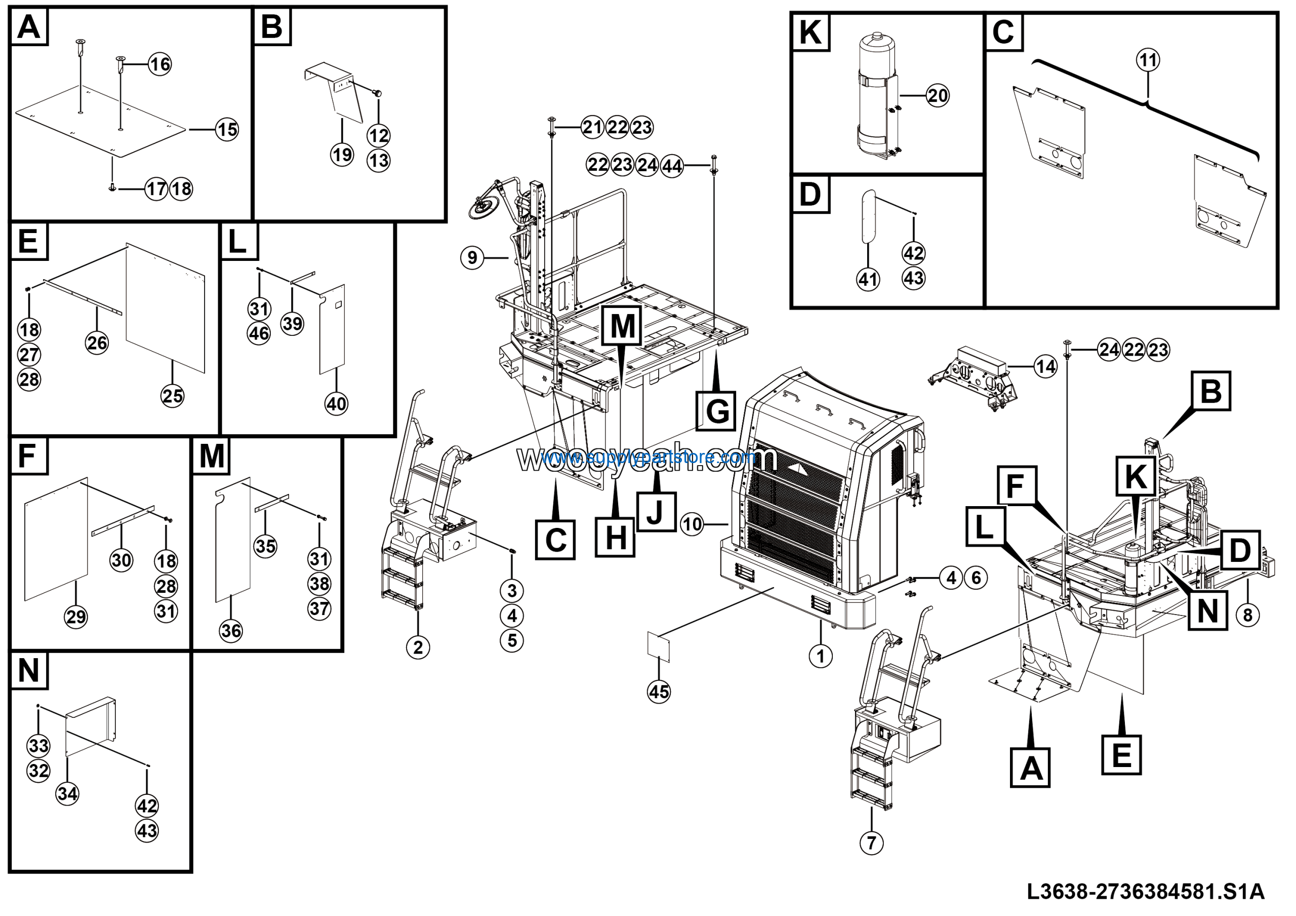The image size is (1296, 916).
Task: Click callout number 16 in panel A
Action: point(160,64)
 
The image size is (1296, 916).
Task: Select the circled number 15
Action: point(227,130)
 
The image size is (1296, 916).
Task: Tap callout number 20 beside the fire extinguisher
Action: point(938,95)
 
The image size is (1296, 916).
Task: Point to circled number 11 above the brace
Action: point(1148,60)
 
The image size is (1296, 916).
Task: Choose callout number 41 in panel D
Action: point(868,279)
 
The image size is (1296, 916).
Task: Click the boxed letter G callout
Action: point(716,410)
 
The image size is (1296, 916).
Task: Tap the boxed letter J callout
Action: point(656,512)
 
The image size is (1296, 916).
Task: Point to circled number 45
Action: point(659,692)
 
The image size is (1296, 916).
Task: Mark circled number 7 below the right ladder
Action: point(872,843)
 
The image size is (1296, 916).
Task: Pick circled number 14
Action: point(1045,367)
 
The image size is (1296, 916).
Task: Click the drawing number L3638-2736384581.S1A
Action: point(1145,892)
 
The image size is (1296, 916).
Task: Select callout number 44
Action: point(672,166)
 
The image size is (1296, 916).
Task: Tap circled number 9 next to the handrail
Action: point(472,258)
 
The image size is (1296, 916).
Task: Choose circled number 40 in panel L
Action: point(337,404)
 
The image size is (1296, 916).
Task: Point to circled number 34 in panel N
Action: point(67,793)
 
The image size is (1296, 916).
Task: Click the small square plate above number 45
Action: point(658,646)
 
